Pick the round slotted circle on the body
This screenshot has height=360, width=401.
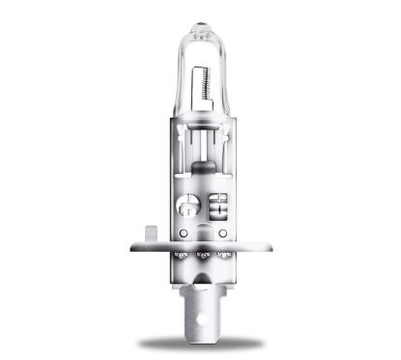coord(188,206)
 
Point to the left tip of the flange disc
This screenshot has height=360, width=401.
coord(132,247)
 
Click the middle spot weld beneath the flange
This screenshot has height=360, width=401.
coord(201,256)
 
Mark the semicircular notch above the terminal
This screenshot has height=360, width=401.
coord(201,280)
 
